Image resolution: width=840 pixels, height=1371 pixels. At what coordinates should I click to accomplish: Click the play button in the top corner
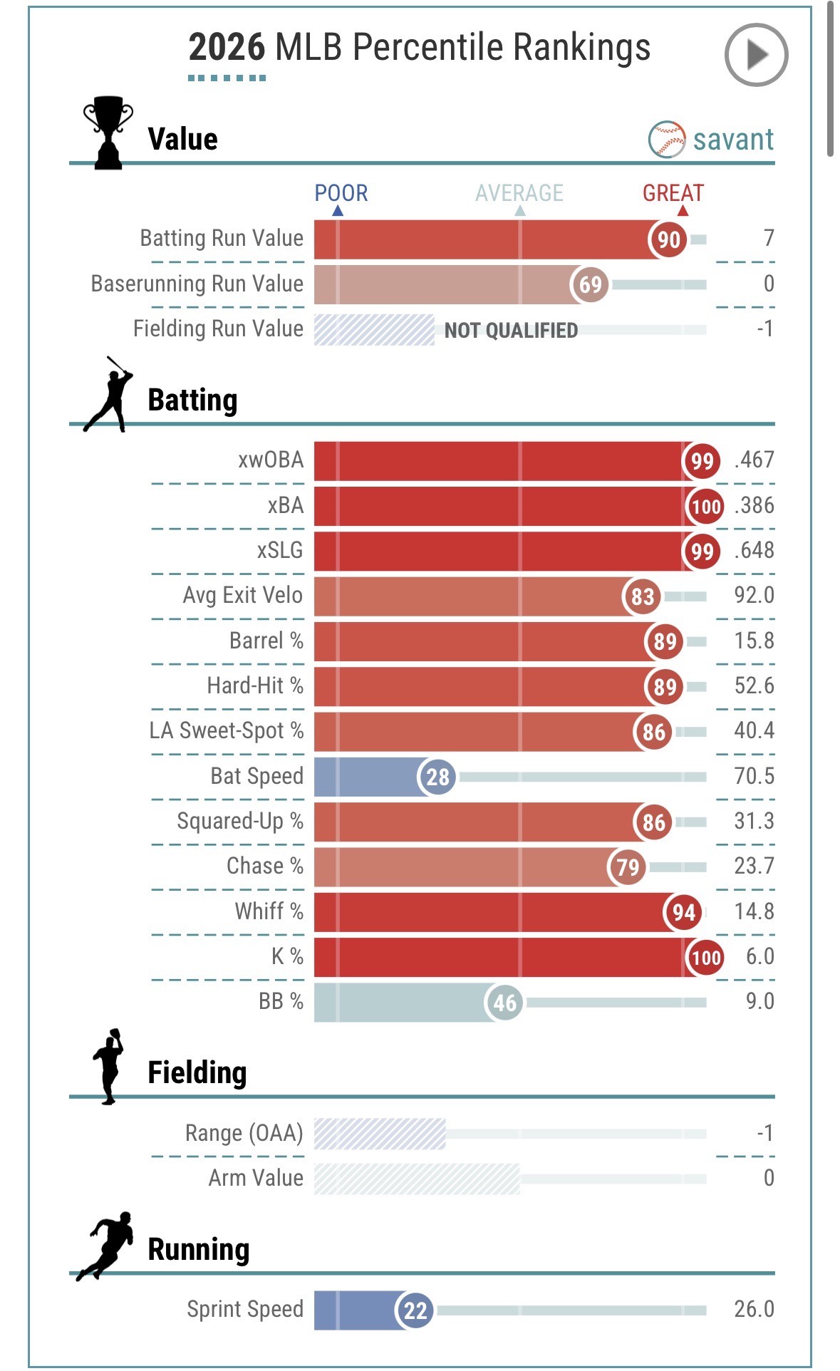coord(756,55)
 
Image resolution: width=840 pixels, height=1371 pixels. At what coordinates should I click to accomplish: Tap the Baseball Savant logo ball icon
coord(667,139)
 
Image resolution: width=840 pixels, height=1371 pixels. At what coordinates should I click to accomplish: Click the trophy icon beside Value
coord(108,133)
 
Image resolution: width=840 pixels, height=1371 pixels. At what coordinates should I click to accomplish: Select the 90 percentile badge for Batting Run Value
coord(668,239)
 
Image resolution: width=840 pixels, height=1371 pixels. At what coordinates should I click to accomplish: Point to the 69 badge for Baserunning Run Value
coord(590,285)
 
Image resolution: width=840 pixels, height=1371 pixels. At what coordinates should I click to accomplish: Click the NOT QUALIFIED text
coord(511,331)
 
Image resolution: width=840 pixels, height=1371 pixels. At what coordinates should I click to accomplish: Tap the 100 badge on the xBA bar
coord(705,507)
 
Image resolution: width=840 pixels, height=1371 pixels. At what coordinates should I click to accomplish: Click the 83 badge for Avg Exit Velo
coord(642,596)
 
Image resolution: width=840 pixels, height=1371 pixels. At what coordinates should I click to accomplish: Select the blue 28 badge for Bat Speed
coord(437,777)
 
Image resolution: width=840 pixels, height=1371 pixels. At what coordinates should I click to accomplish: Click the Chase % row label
coord(265,866)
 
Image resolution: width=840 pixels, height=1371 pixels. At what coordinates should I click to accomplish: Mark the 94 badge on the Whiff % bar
coord(683,912)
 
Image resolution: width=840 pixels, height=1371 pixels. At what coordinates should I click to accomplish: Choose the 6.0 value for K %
coord(759,956)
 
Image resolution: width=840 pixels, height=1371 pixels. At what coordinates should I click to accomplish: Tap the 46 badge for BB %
coord(504,1003)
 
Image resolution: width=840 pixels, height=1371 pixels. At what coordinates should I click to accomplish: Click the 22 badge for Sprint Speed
coord(415,1310)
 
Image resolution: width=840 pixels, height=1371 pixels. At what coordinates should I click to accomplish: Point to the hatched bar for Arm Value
coord(417,1179)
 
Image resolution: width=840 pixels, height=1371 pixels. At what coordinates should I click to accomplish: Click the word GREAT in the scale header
coord(673,193)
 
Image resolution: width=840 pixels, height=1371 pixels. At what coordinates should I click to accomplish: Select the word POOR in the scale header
coord(341,193)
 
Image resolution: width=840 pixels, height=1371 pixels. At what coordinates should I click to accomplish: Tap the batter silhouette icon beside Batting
coord(109,395)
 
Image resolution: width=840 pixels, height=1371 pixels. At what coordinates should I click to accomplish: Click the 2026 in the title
coord(227,48)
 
